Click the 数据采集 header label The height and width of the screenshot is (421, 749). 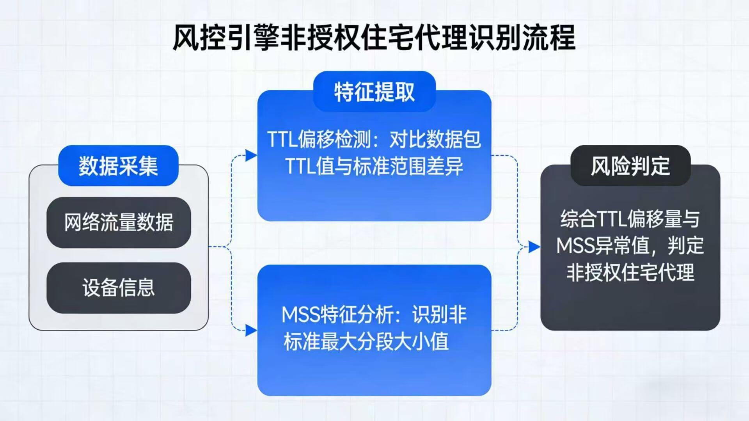click(118, 166)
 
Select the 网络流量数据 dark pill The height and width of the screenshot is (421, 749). click(119, 222)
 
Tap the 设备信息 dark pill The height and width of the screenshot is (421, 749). click(119, 288)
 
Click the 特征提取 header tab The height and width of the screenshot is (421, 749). click(374, 92)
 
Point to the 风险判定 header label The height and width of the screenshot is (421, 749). click(630, 166)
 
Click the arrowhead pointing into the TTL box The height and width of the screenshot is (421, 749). click(250, 156)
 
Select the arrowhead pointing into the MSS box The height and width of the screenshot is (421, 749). click(250, 330)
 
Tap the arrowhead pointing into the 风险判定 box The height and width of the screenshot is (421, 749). click(534, 247)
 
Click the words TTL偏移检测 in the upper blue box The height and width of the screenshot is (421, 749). click(320, 139)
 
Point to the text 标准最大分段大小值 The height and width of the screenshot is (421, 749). click(366, 341)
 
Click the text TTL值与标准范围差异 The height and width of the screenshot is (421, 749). click(374, 166)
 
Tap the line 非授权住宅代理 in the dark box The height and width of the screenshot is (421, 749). click(630, 272)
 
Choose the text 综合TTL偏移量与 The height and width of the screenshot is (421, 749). click(630, 219)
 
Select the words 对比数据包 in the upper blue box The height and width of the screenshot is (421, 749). click(435, 139)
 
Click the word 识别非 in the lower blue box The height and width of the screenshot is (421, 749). click(440, 314)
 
